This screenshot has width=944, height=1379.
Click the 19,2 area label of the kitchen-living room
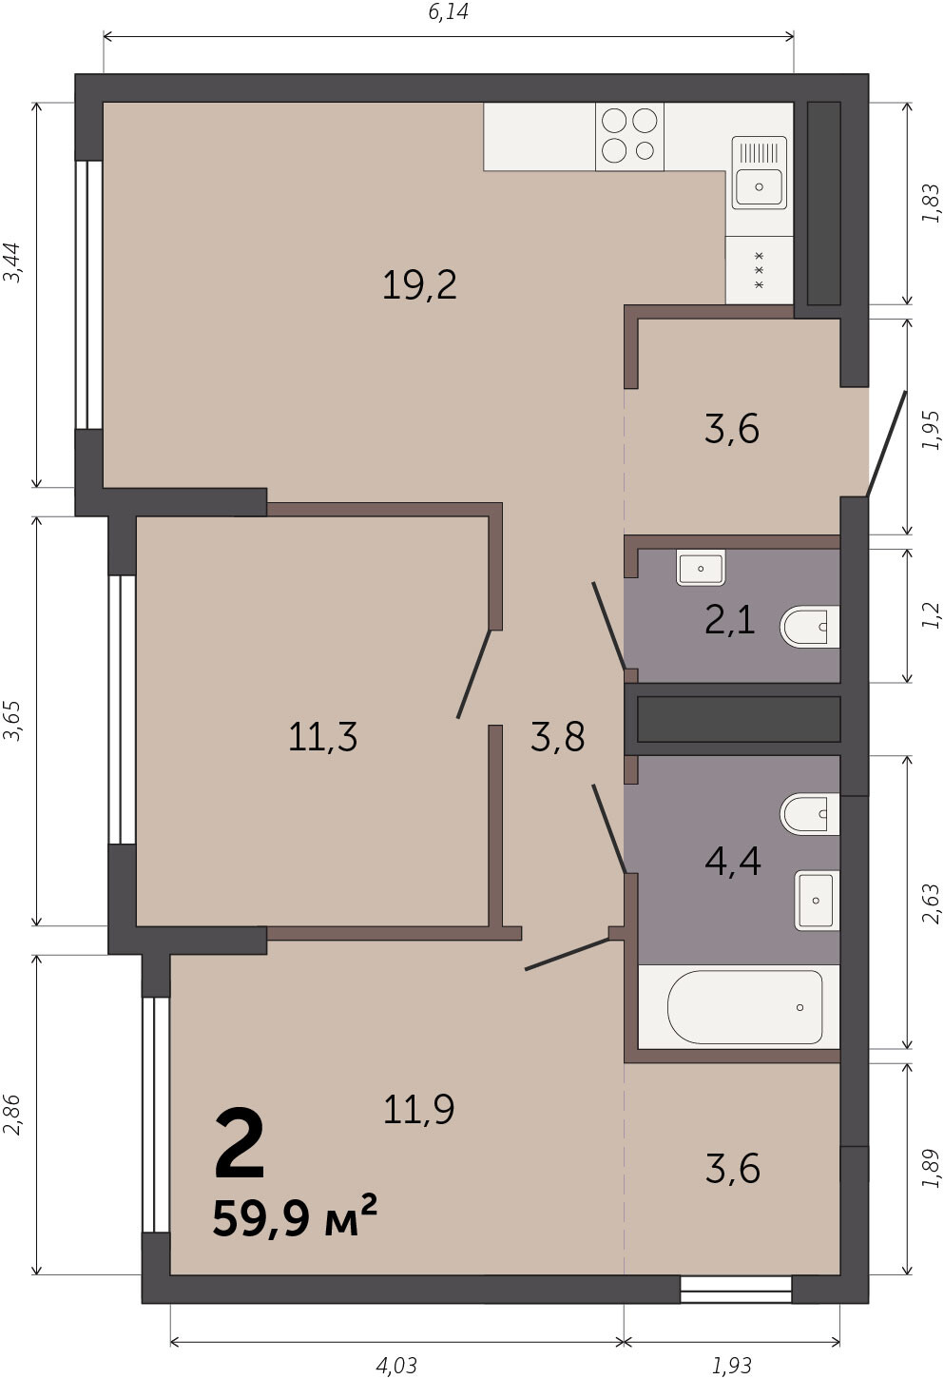tap(419, 286)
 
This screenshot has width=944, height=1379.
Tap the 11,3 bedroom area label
tap(322, 737)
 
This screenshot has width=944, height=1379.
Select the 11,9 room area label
tap(418, 1109)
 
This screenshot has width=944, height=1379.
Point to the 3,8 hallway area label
tap(557, 737)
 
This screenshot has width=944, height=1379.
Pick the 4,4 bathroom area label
tap(733, 862)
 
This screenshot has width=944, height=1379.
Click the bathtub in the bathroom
tap(744, 1006)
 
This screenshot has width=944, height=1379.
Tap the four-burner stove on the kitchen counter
tap(629, 136)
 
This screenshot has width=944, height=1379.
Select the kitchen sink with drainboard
tap(760, 172)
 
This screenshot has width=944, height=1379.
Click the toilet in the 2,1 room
tap(810, 627)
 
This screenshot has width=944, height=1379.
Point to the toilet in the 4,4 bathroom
tap(810, 814)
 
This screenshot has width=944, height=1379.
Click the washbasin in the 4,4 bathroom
tap(817, 900)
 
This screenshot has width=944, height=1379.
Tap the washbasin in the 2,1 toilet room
tap(701, 568)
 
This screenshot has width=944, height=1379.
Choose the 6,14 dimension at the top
tap(448, 12)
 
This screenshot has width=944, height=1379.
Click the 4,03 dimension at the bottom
tap(396, 1366)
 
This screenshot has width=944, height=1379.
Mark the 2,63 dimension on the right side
tap(931, 903)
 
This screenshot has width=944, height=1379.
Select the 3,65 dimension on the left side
tap(12, 720)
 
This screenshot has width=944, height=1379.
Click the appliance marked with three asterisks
tap(760, 270)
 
